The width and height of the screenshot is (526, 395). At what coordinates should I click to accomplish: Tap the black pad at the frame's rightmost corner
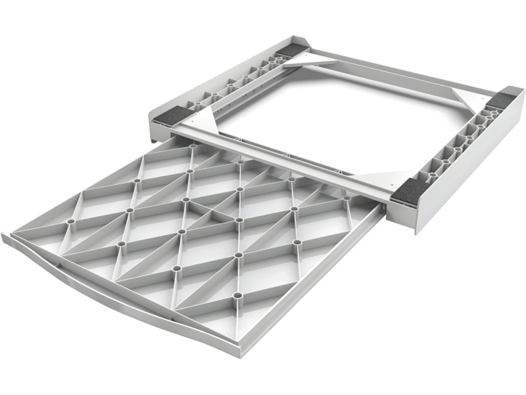[504, 100]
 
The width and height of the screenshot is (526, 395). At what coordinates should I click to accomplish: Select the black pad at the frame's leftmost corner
[176, 115]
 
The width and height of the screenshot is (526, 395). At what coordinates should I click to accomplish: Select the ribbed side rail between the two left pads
[233, 82]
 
